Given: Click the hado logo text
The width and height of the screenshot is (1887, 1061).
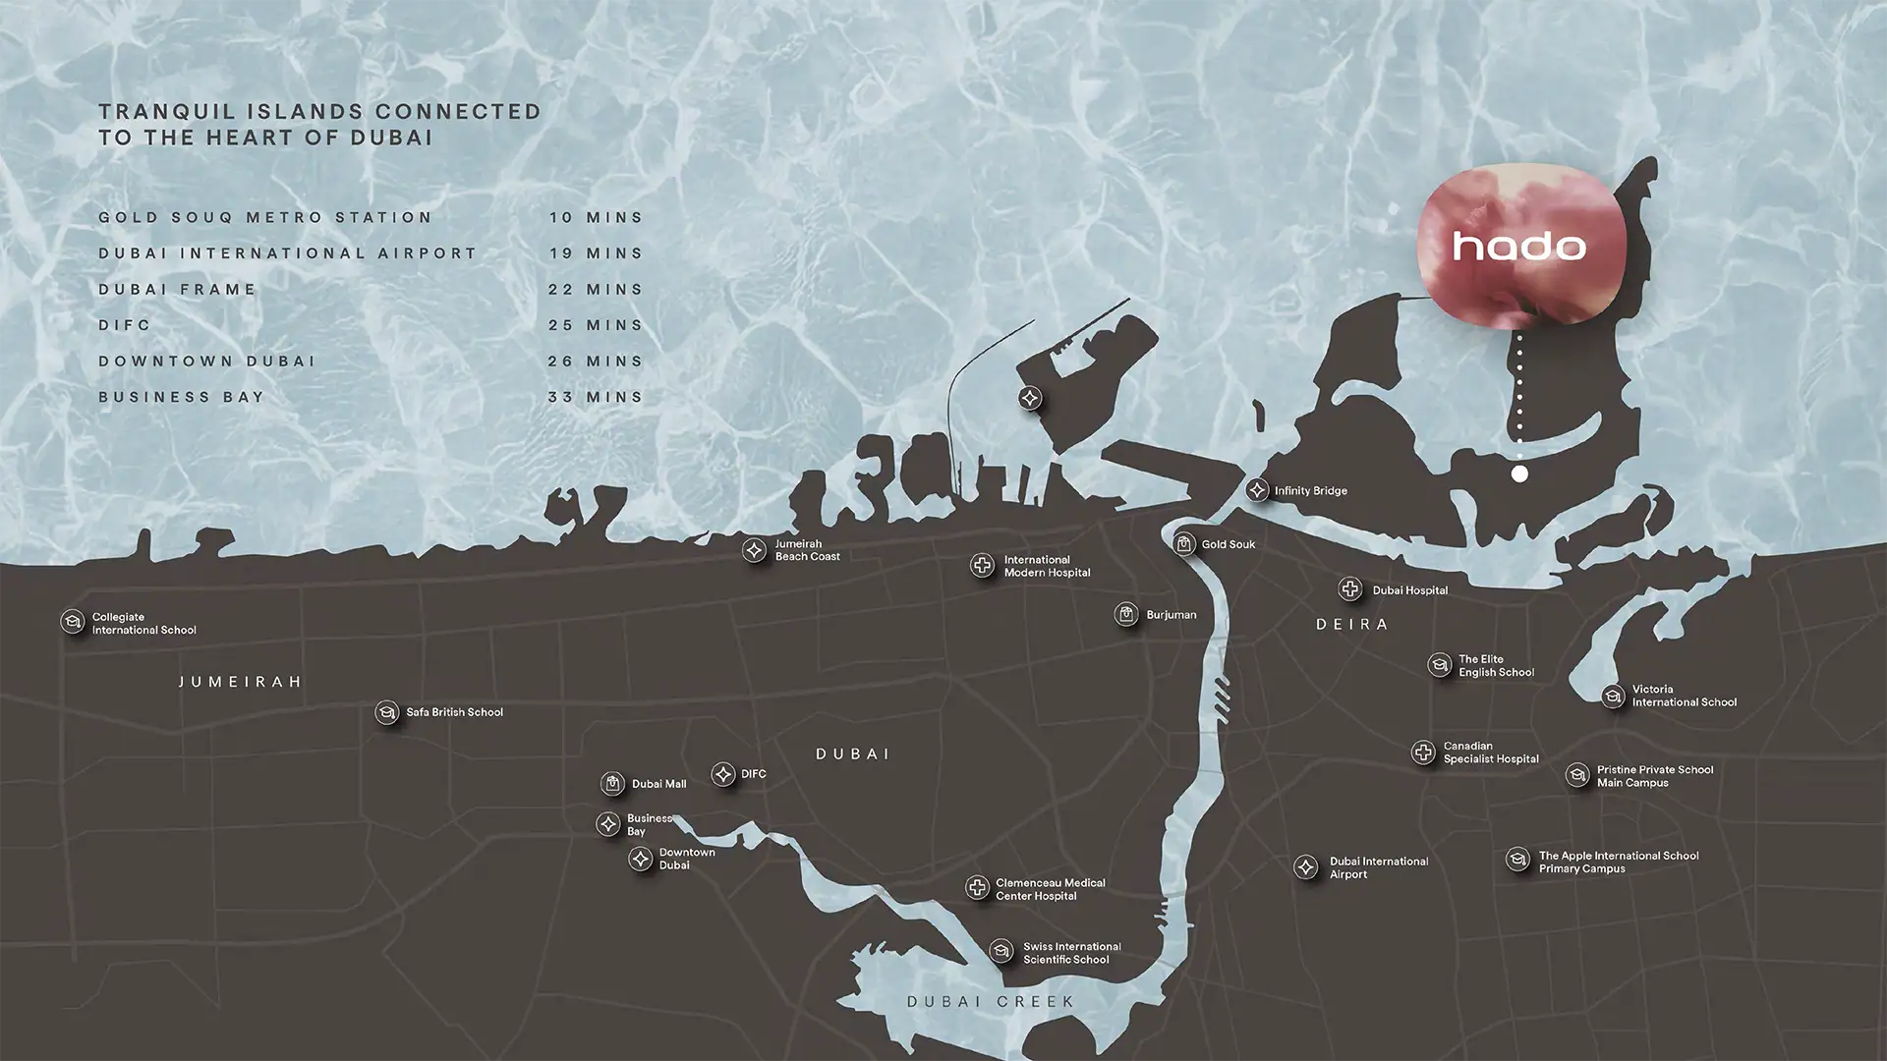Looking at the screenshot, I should coord(1518,246).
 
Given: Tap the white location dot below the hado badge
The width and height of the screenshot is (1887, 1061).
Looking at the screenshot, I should coord(1519,474).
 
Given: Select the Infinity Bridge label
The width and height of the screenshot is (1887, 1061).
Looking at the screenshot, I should coord(1310,491).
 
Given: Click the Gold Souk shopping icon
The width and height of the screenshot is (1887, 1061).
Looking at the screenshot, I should coord(1184,543).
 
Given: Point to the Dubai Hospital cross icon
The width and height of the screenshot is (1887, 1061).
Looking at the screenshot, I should coord(1350,589).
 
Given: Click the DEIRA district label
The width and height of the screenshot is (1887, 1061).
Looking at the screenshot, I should coord(1352,625).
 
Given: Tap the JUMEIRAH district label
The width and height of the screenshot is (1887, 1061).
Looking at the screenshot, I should coord(241,682).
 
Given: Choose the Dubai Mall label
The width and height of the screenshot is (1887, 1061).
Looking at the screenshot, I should coord(658,784).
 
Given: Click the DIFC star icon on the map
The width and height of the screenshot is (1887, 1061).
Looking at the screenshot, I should coord(723,774).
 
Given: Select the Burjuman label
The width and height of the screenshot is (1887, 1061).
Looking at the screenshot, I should coord(1171,615).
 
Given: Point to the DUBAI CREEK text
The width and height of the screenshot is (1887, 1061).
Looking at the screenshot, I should coord(991,1002).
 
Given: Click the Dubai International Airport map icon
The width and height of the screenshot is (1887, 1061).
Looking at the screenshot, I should coord(1306,867).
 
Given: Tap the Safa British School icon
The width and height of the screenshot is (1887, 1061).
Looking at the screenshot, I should coord(386,713).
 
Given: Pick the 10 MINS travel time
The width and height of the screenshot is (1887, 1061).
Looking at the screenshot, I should coord(596,218).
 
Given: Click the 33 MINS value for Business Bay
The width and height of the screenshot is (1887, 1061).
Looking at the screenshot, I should coord(596,398).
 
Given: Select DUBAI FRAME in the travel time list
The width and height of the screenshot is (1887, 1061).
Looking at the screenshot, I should coord(177,290).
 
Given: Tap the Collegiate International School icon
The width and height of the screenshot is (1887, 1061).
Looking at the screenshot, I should coord(72,622).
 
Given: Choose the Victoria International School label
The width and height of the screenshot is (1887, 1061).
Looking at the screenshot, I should coord(1684,696).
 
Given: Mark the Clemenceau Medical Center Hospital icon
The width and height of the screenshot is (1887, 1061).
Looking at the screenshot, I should coord(977,888).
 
